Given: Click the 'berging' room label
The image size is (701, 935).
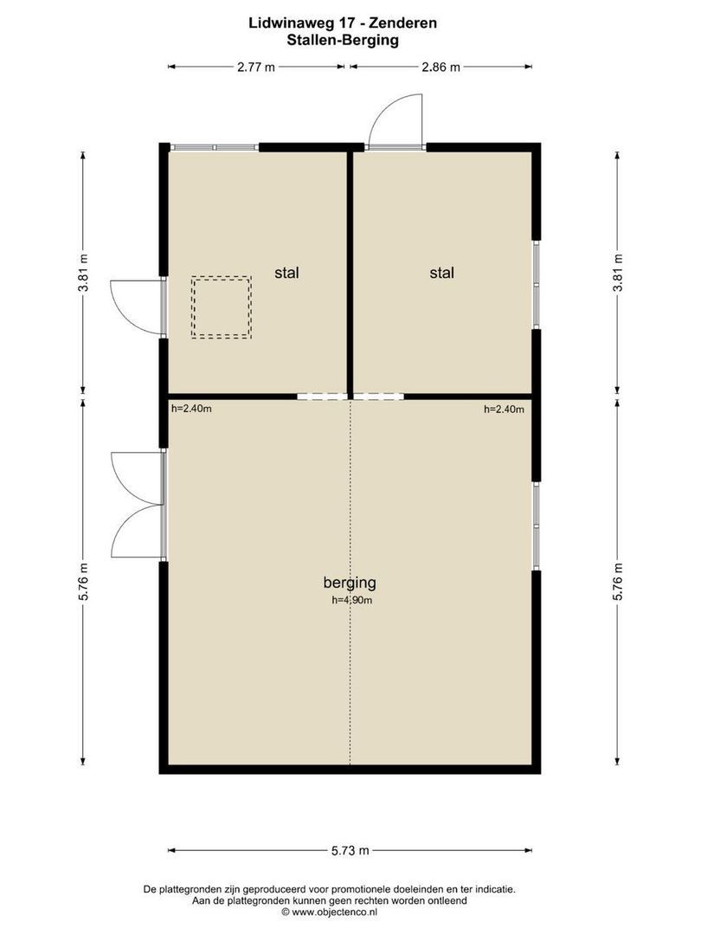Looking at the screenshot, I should (350, 582).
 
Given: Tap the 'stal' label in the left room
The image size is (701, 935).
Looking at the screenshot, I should (286, 273).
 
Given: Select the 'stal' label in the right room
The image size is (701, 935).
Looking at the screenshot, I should (442, 273).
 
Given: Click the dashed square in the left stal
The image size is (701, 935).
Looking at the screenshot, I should (222, 307).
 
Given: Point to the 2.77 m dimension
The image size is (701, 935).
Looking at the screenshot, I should (256, 67).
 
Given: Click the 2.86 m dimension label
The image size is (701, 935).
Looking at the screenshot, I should (440, 67).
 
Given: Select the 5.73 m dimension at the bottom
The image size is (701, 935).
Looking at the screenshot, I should (350, 850).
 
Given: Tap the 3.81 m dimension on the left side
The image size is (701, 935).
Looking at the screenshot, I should (83, 273).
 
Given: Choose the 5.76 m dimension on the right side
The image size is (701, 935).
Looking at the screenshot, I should (617, 582).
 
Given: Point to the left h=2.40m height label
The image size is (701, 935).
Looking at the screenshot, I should (191, 409).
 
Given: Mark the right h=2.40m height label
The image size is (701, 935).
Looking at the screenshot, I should (504, 409).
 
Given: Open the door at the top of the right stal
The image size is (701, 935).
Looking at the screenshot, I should (396, 126).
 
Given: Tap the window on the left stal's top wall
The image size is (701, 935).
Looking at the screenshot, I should (214, 147).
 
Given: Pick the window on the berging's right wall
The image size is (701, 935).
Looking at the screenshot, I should (537, 526).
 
